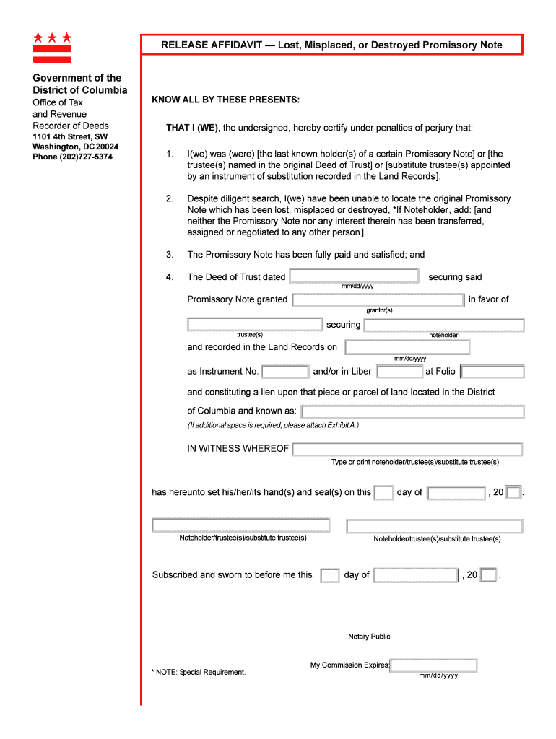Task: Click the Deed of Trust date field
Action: pyautogui.click(x=354, y=276)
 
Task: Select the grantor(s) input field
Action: pyautogui.click(x=378, y=299)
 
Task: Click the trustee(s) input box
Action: pyautogui.click(x=254, y=325)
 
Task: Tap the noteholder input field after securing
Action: pyautogui.click(x=444, y=325)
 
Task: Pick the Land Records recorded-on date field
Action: pyautogui.click(x=407, y=347)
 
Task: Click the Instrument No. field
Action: pyautogui.click(x=284, y=372)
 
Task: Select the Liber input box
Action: pyautogui.click(x=399, y=372)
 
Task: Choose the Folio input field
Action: pyautogui.click(x=492, y=372)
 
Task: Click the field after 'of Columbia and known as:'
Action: pyautogui.click(x=412, y=411)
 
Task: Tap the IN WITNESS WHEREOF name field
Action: pyautogui.click(x=407, y=449)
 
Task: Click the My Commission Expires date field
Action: pyautogui.click(x=434, y=665)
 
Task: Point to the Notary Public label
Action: pyautogui.click(x=369, y=637)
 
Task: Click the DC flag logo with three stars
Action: pyautogui.click(x=52, y=47)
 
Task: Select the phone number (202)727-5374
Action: pyautogui.click(x=72, y=157)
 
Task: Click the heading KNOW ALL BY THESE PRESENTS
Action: pyautogui.click(x=225, y=100)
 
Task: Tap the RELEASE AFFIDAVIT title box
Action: pyautogui.click(x=331, y=45)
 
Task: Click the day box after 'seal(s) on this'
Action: pyautogui.click(x=384, y=493)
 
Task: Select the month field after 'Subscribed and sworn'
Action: pyautogui.click(x=415, y=575)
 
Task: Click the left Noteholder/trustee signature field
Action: pyautogui.click(x=241, y=525)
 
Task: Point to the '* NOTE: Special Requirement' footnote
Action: pyautogui.click(x=199, y=672)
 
